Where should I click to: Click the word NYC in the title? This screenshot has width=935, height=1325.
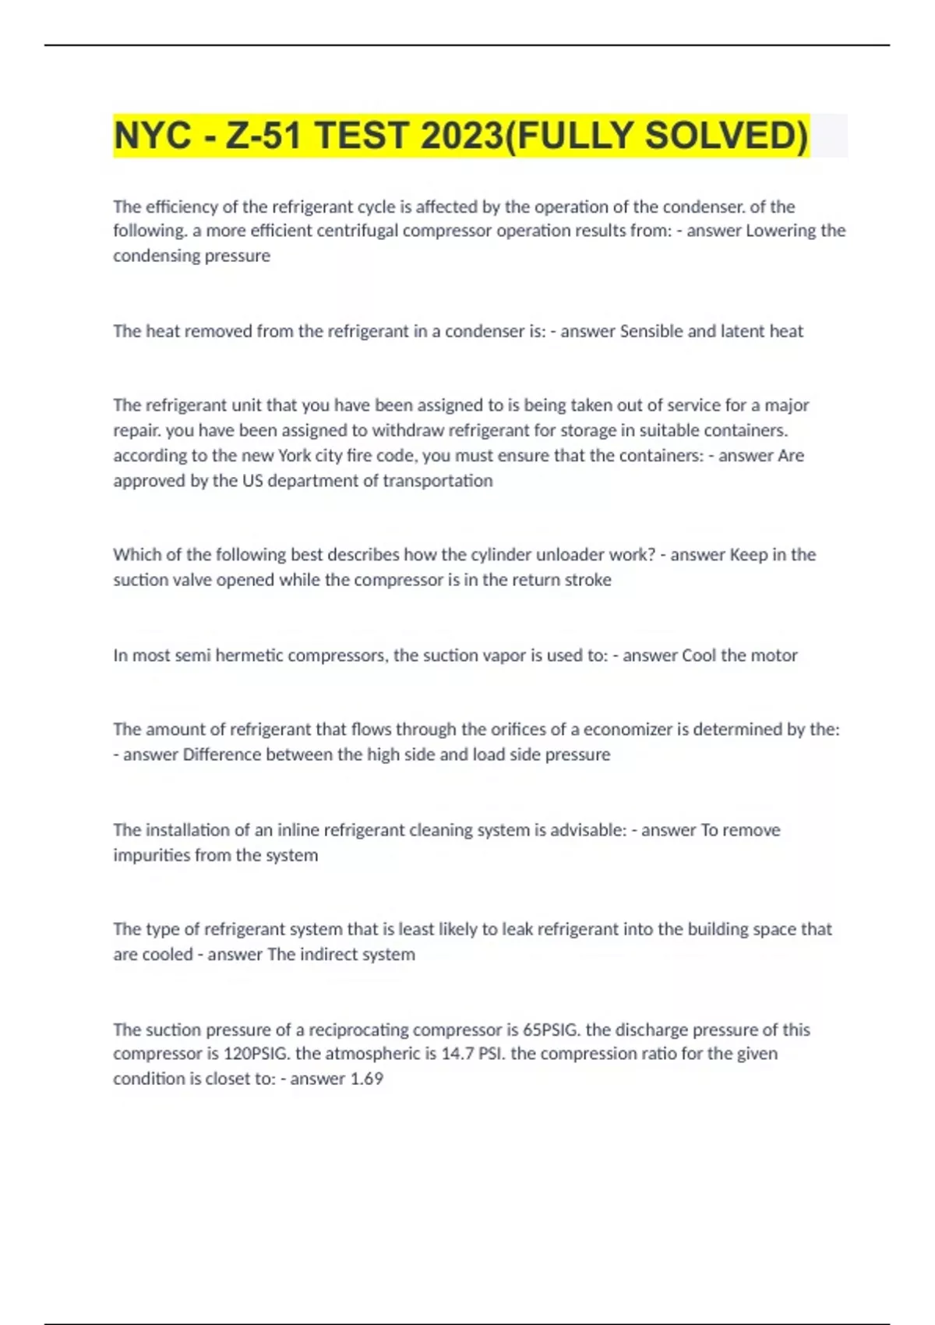[152, 136]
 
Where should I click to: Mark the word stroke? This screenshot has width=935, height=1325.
[588, 580]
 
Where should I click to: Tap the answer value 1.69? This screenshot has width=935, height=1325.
[366, 1079]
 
